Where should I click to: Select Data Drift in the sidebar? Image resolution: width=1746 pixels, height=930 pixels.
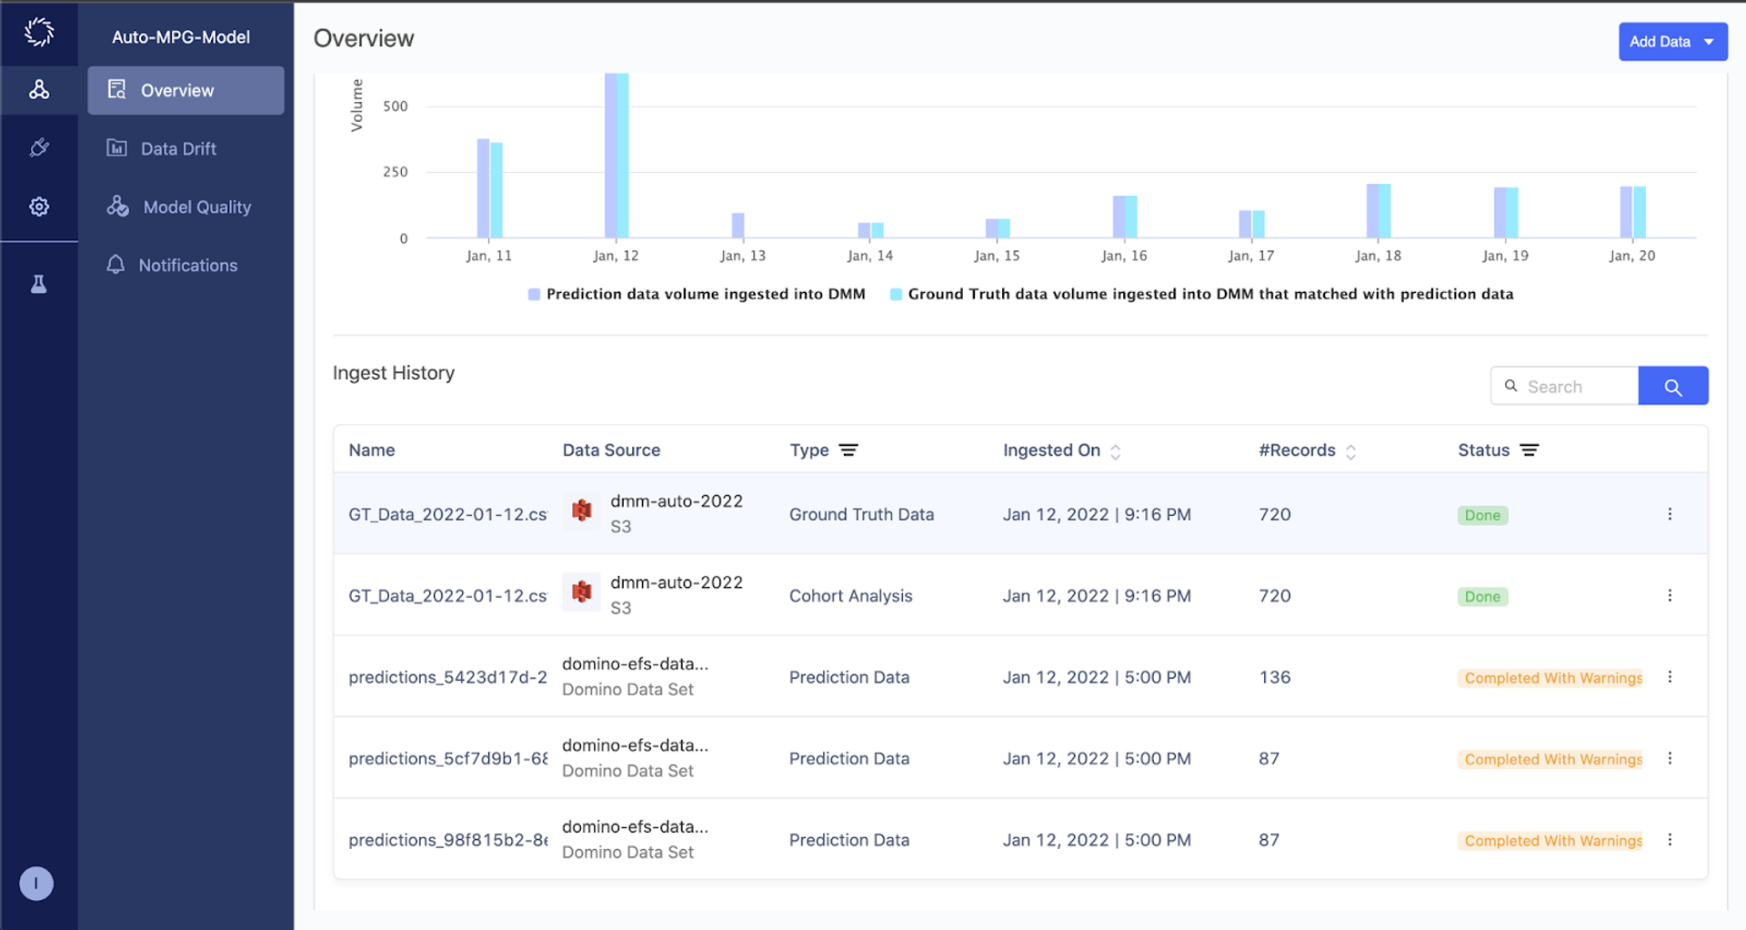point(178,148)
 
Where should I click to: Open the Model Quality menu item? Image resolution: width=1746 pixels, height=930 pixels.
point(196,207)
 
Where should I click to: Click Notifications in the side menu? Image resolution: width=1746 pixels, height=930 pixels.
point(187,265)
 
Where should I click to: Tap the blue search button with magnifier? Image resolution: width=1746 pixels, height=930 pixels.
point(1672,387)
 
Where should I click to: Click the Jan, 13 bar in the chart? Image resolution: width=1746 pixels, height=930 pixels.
point(738,225)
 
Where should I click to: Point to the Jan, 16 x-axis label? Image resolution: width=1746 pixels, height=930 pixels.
point(1124,256)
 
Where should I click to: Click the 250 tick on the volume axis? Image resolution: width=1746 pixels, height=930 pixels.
point(395,172)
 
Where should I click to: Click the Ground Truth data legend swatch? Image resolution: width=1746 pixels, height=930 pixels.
point(896,294)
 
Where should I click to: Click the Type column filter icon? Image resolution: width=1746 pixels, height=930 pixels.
point(848,450)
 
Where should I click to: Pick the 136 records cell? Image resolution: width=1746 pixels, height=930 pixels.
point(1275,677)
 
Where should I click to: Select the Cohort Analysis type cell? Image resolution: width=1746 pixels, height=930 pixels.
point(850,596)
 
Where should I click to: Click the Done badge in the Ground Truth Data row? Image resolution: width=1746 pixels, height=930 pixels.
point(1482,515)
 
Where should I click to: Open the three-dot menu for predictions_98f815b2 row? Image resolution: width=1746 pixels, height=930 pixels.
point(1670,840)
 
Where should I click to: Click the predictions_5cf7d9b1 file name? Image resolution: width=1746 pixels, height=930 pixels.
point(447,759)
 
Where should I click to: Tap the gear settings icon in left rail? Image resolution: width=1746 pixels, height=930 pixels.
point(39,207)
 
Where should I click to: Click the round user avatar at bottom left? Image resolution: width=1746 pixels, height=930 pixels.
point(36,883)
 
